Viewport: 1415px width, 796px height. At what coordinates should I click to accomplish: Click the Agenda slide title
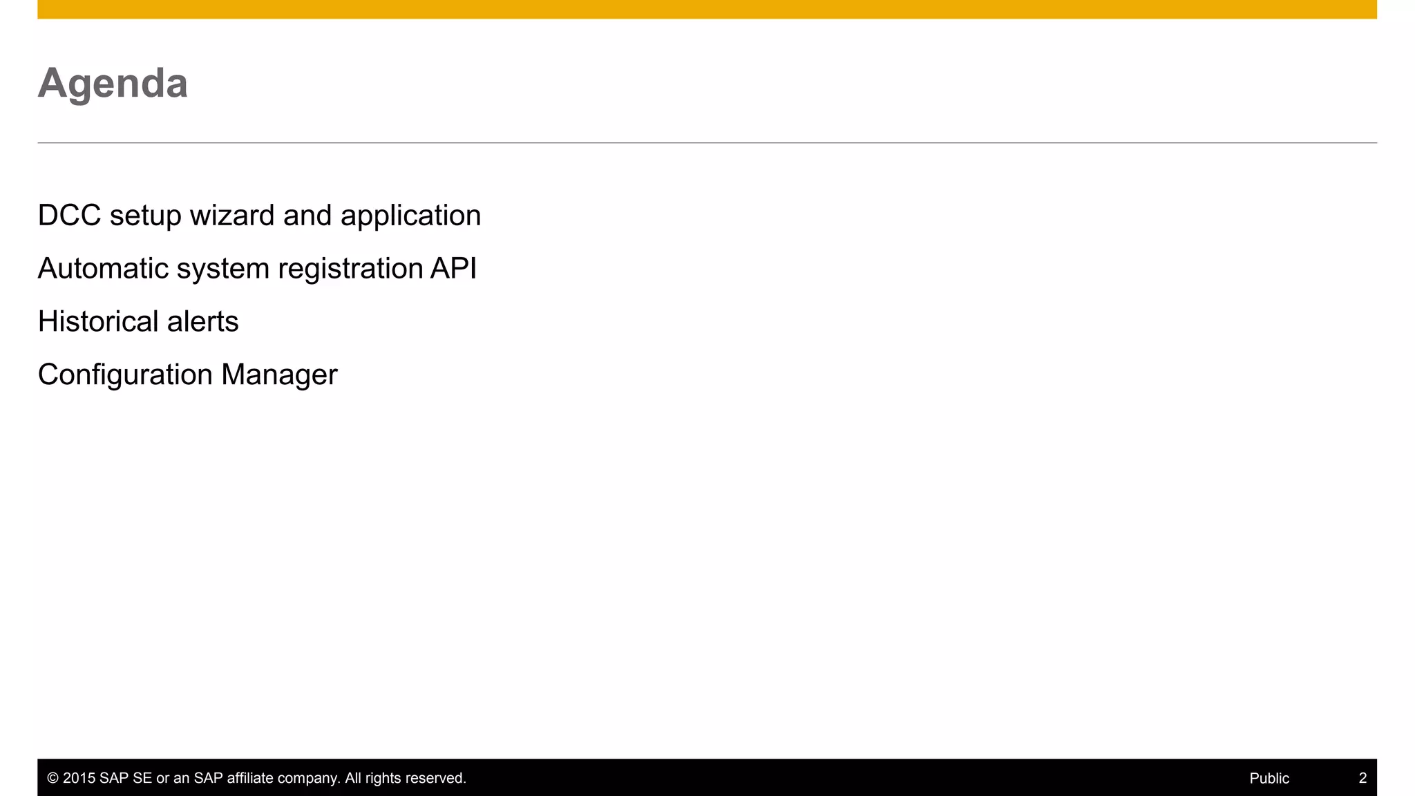(113, 84)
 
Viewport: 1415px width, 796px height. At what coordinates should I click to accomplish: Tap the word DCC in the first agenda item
(69, 216)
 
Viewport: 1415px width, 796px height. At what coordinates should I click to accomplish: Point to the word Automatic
(103, 269)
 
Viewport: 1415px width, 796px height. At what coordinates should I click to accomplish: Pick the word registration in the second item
(350, 269)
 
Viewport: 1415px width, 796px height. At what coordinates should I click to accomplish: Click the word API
(453, 269)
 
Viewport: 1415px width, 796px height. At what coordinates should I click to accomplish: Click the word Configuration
(125, 375)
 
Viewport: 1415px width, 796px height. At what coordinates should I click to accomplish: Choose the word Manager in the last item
(279, 375)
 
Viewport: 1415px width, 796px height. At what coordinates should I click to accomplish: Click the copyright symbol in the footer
(53, 779)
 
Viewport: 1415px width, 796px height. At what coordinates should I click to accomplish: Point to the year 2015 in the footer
(79, 779)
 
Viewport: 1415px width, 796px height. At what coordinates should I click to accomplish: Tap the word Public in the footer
(1269, 779)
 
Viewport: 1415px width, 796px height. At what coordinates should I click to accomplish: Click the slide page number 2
(1362, 779)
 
